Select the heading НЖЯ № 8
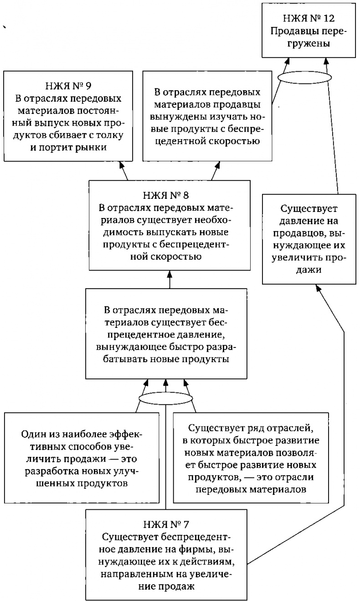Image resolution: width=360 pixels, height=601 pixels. [169, 196]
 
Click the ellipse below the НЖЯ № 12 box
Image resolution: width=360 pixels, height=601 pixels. [303, 76]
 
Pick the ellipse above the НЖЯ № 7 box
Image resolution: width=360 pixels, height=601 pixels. [165, 399]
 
